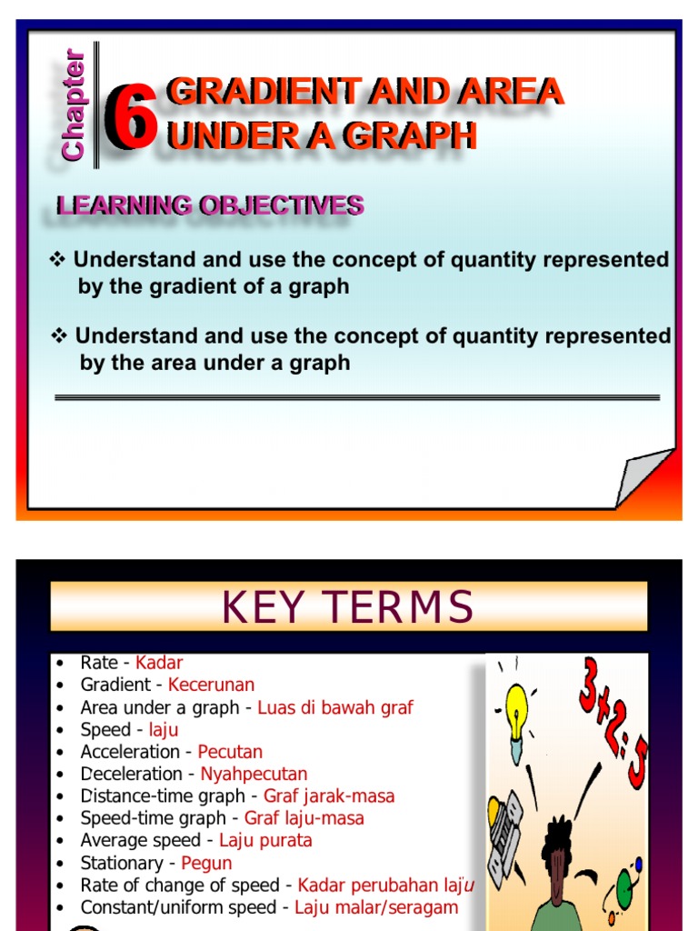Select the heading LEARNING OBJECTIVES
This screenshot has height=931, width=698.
click(x=210, y=206)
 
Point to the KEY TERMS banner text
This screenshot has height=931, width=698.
click(x=348, y=607)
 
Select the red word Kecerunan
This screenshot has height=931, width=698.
click(x=211, y=685)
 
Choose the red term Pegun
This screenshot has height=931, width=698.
click(x=206, y=863)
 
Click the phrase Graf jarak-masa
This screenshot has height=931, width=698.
click(x=329, y=796)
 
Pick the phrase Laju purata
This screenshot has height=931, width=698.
click(x=265, y=840)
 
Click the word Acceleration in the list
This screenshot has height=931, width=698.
click(x=130, y=752)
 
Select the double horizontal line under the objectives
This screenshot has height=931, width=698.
click(x=357, y=397)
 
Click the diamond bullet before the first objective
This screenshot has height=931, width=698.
click(x=59, y=260)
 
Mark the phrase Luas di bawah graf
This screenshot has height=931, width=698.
click(x=335, y=707)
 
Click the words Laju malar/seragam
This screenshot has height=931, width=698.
click(x=376, y=907)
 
